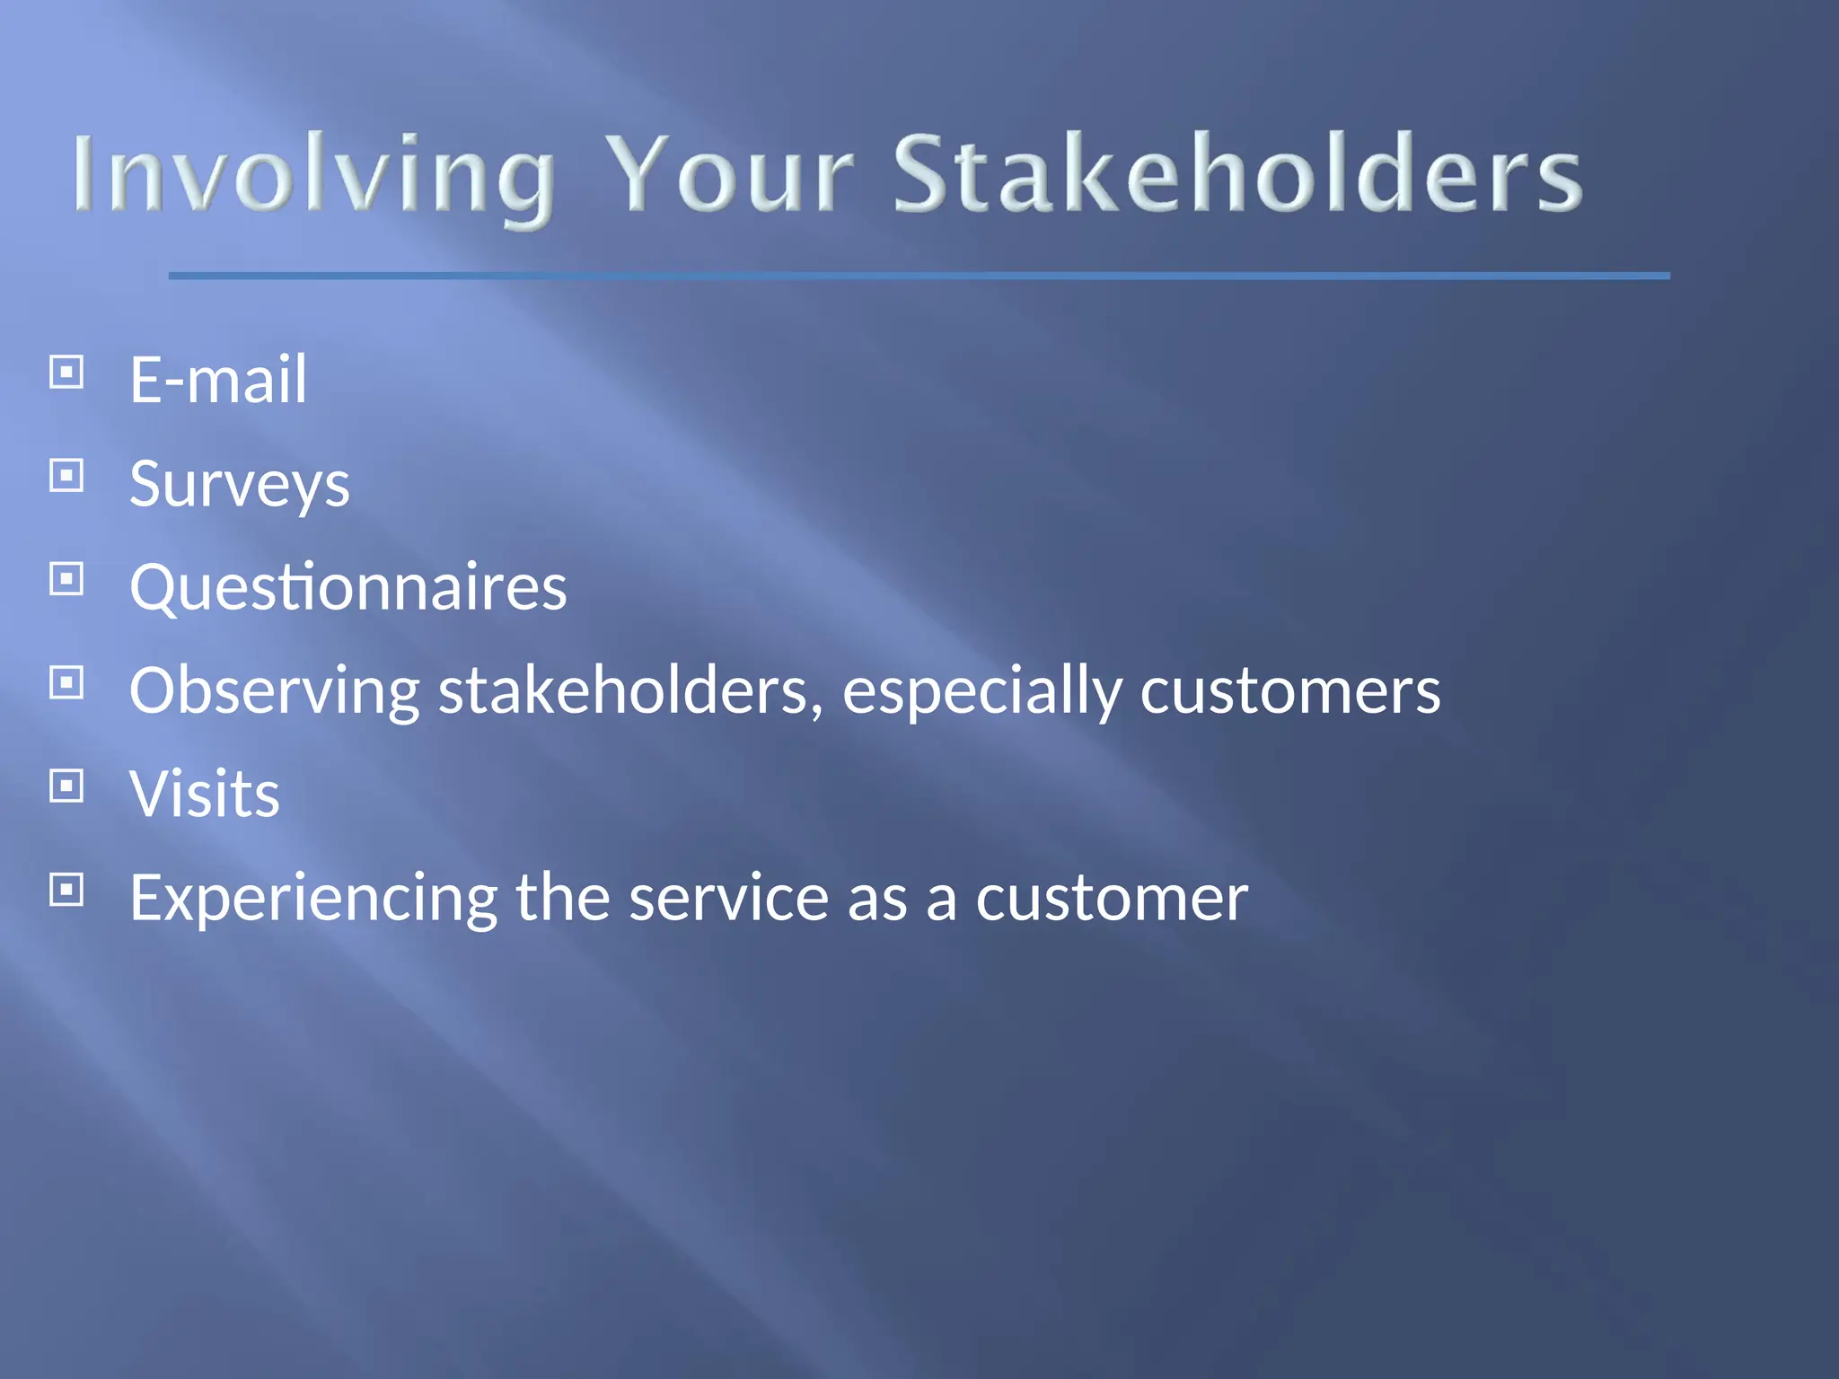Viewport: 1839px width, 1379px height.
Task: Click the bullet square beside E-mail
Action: click(66, 372)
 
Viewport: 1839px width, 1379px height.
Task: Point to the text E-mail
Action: click(218, 380)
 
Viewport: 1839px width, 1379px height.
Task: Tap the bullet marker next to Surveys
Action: click(66, 476)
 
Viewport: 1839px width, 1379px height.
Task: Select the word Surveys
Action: click(239, 485)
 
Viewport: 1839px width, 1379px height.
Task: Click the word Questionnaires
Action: click(348, 588)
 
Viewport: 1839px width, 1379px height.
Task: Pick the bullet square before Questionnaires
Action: click(66, 579)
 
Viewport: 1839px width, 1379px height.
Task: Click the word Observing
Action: click(274, 691)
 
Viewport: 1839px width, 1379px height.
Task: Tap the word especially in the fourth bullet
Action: click(982, 691)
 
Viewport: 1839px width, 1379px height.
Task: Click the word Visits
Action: click(205, 795)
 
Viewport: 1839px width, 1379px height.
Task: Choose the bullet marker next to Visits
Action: click(66, 786)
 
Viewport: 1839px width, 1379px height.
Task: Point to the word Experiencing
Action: click(313, 898)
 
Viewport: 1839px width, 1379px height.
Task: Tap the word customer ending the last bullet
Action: click(1111, 898)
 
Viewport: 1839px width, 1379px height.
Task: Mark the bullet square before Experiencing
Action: click(66, 890)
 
